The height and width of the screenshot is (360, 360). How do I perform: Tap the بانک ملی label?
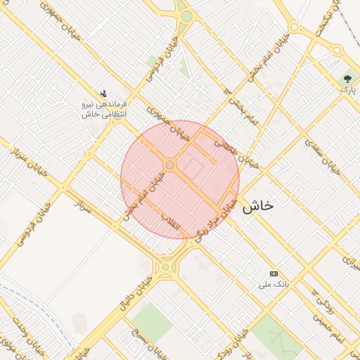pyautogui.click(x=274, y=284)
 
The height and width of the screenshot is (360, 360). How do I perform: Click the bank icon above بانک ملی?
pyautogui.click(x=274, y=274)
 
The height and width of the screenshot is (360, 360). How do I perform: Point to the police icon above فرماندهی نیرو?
pyautogui.click(x=103, y=94)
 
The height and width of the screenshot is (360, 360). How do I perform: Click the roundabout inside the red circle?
pyautogui.click(x=169, y=165)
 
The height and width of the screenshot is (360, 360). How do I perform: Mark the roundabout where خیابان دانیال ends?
pyautogui.click(x=166, y=266)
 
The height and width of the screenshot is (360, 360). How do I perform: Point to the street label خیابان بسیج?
pyautogui.click(x=152, y=342)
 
